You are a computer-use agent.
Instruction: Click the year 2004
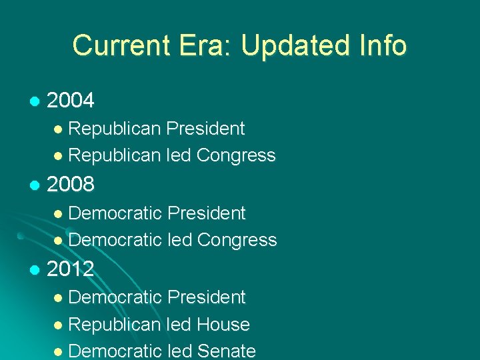(x=71, y=101)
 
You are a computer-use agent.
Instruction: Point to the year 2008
(x=71, y=185)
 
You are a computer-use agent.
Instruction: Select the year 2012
(x=71, y=269)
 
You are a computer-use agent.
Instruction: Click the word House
(x=223, y=325)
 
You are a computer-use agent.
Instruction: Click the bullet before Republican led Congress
(x=59, y=156)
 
